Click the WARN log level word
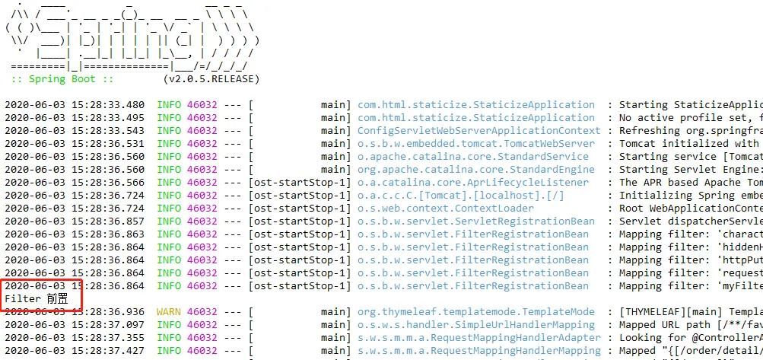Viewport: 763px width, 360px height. tap(169, 312)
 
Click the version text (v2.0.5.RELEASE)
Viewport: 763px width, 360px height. tap(211, 78)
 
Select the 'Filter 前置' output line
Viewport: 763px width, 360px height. tap(36, 299)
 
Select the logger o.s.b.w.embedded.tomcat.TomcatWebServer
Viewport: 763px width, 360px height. tap(476, 144)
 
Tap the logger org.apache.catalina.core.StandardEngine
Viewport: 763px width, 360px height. tap(476, 170)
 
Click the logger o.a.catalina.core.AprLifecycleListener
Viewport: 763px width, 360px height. tap(473, 183)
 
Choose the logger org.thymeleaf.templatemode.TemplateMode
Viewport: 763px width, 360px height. tap(476, 312)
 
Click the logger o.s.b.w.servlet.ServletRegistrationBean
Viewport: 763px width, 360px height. tap(476, 221)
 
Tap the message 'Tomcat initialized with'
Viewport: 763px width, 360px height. tap(688, 144)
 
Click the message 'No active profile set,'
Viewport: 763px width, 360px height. tap(688, 118)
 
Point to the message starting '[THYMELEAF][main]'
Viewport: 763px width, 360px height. tap(688, 312)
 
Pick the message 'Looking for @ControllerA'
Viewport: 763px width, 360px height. tap(688, 338)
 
